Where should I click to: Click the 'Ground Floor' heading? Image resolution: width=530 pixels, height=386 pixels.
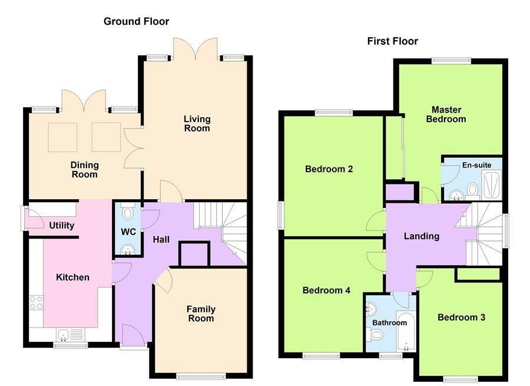coord(136,22)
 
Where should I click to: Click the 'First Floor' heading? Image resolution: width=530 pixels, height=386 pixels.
coord(392,41)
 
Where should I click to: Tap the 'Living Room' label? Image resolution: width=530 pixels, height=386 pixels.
coord(197,124)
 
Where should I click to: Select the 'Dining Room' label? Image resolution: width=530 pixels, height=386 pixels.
coord(84,170)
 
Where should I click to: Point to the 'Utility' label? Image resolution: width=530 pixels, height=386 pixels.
coord(61,226)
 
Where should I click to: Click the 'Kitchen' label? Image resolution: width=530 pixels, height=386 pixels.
coord(72,277)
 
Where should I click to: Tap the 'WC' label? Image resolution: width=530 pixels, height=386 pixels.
coord(128,232)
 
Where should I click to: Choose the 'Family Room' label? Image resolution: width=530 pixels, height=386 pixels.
coord(200,314)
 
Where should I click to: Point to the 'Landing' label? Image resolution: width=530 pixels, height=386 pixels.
coord(421,236)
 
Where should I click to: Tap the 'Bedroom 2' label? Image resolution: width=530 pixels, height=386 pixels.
coord(329,169)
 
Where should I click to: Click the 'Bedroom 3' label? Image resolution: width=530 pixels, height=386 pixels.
coord(461,317)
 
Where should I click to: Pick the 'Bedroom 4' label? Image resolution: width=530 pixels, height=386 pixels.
coord(326,290)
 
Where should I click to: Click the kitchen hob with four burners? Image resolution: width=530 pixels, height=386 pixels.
coord(36,303)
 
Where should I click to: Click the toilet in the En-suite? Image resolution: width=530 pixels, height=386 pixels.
coord(472,190)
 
